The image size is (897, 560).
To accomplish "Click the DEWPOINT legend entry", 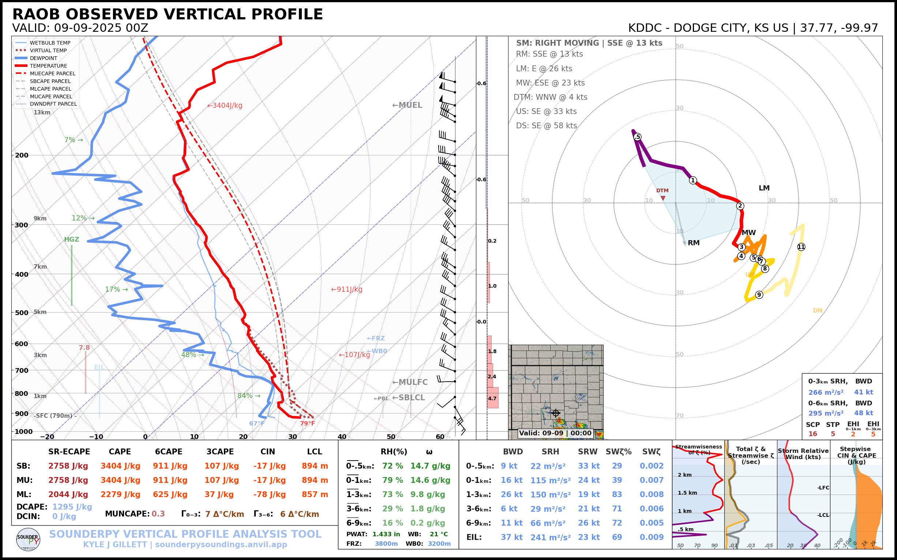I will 44,58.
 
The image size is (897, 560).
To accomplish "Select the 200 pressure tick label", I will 22,155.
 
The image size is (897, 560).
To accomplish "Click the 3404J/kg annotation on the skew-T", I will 225,106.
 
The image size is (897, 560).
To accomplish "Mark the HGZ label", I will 72,239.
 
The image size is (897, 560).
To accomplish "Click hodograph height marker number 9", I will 759,295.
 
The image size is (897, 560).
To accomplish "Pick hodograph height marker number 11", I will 801,247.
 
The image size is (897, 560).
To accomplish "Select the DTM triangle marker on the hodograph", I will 663,198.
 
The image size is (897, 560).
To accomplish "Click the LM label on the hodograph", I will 764,188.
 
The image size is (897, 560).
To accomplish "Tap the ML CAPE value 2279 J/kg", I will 120,495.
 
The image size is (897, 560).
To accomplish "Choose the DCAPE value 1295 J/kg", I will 72,507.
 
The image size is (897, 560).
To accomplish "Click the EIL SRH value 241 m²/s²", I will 550,537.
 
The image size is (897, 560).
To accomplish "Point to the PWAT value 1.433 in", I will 386,534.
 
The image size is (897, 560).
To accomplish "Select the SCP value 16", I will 812,434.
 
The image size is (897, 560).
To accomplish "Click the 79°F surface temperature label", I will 307,423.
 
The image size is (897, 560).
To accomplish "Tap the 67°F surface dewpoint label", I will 257,423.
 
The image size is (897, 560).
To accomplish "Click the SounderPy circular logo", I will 28,539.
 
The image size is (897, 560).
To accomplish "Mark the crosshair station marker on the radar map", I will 555,413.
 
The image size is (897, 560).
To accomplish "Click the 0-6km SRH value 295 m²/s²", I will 825,413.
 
